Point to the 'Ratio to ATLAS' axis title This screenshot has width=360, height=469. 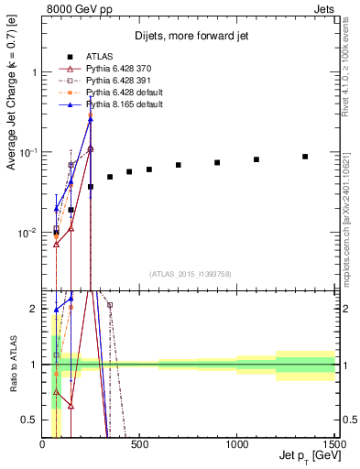pos(13,365)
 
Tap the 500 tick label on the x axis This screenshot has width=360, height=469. pos(139,444)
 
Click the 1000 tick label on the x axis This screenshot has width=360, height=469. pos(236,444)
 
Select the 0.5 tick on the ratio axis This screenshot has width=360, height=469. pos(31,420)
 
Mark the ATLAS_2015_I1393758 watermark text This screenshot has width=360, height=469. pos(189,274)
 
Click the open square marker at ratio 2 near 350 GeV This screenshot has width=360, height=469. pos(110,305)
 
